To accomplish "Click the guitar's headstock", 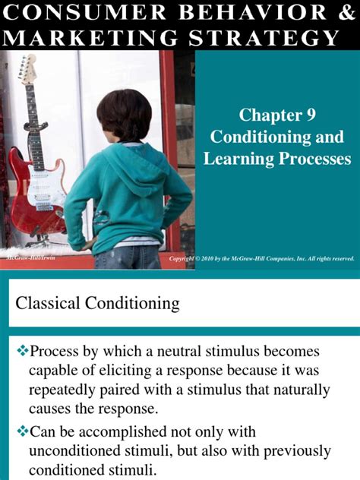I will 28,69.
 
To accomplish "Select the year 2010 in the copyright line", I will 218,259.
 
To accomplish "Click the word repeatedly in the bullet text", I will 66,391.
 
